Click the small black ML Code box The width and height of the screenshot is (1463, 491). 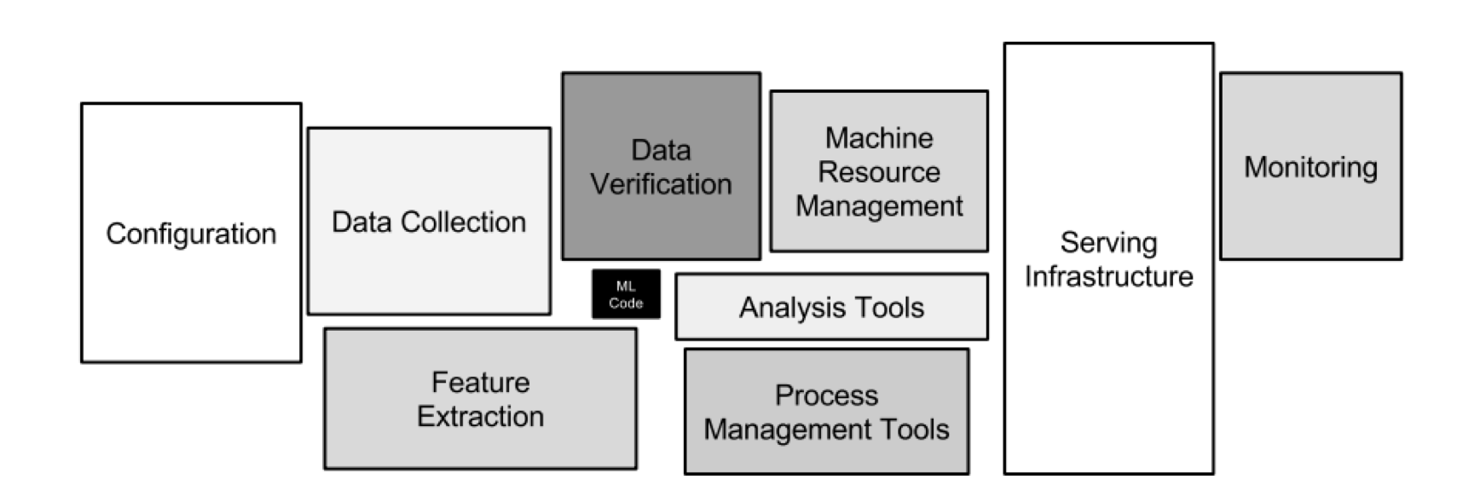[x=626, y=294]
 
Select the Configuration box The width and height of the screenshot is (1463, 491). [x=191, y=233]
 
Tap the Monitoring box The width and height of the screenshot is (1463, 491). [x=1310, y=165]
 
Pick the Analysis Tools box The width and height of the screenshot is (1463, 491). [x=831, y=307]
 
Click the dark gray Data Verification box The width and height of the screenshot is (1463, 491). [x=661, y=165]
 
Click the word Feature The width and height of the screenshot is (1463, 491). [x=480, y=382]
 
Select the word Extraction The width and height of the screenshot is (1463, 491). [x=480, y=416]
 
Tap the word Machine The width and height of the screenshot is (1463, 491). [x=879, y=137]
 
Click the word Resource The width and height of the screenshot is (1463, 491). [x=879, y=171]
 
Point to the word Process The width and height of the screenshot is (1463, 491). [x=826, y=395]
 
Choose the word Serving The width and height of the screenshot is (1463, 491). [x=1108, y=243]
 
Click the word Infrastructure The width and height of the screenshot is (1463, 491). [x=1108, y=276]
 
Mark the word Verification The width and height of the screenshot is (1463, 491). [x=661, y=183]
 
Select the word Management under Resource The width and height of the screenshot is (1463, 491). [x=879, y=205]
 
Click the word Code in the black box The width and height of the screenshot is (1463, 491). [x=626, y=303]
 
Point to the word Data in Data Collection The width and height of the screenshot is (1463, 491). [x=362, y=222]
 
